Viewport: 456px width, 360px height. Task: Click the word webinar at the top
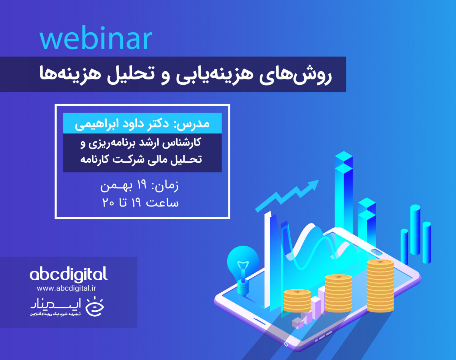coord(95,39)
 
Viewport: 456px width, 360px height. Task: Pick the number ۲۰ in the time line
coord(108,202)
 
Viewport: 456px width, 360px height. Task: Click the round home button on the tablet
coord(286,344)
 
